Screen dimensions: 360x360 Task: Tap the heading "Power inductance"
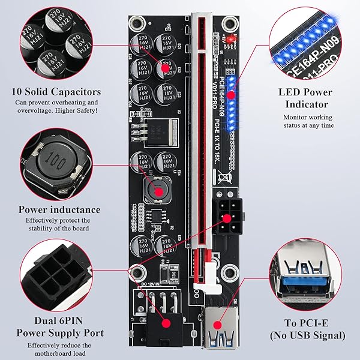59,209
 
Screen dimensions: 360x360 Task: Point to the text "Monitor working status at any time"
306,120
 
